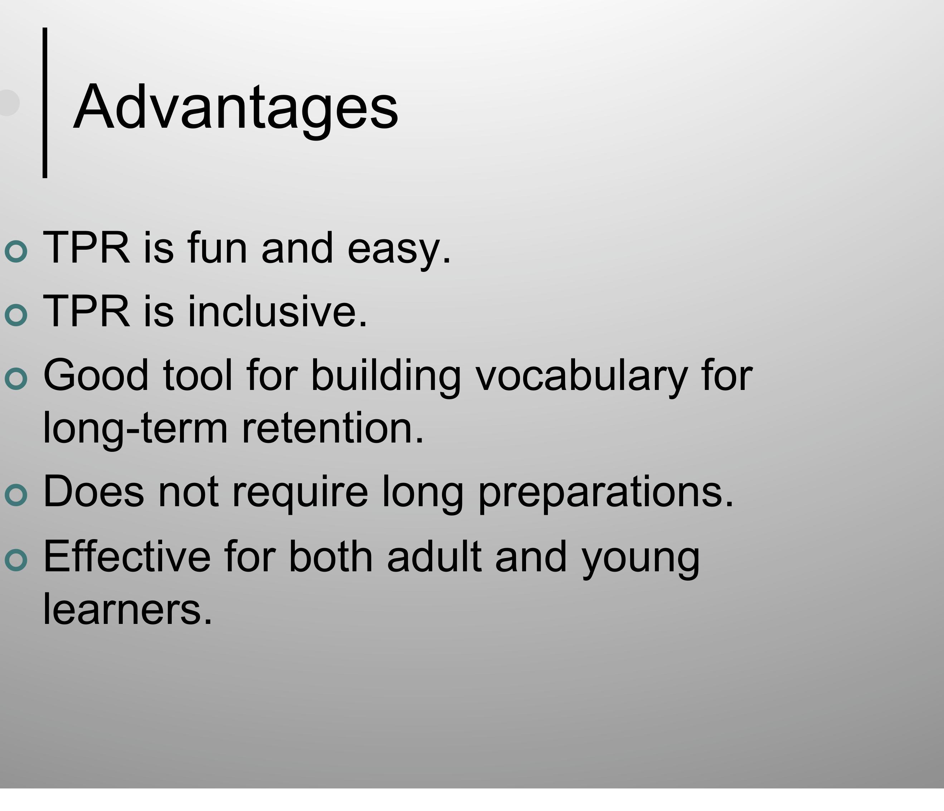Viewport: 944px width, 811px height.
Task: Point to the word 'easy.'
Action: point(399,250)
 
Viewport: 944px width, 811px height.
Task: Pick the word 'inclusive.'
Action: point(277,312)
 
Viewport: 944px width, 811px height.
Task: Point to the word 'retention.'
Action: point(332,428)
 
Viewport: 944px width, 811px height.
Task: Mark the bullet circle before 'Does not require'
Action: point(16,495)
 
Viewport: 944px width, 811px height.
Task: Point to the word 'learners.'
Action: point(127,610)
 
